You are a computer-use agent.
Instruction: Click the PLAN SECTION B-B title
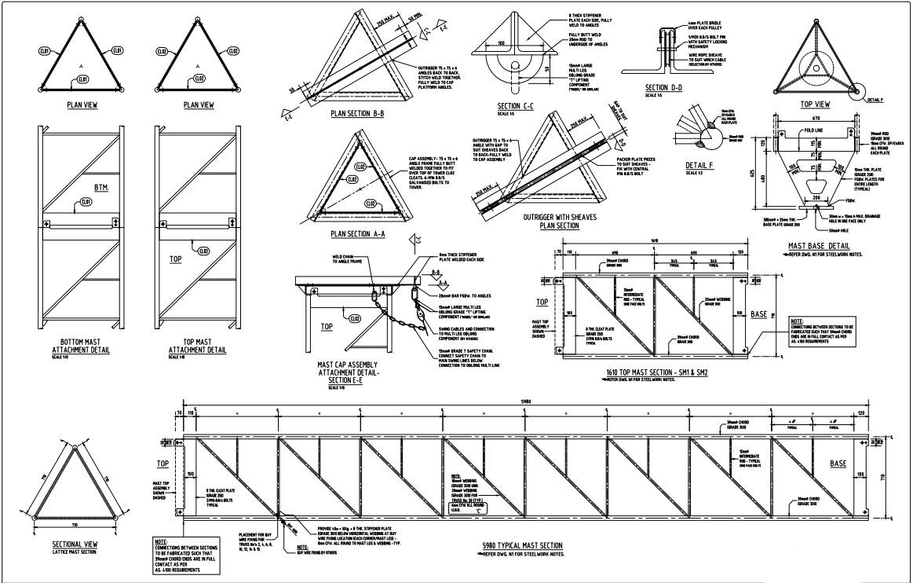pyautogui.click(x=357, y=113)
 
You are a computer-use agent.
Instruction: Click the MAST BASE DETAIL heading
pyautogui.click(x=821, y=245)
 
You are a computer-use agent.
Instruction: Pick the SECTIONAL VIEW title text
pyautogui.click(x=75, y=544)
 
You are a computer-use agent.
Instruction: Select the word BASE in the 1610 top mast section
pyautogui.click(x=759, y=313)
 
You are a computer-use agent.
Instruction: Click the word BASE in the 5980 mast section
pyautogui.click(x=838, y=464)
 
